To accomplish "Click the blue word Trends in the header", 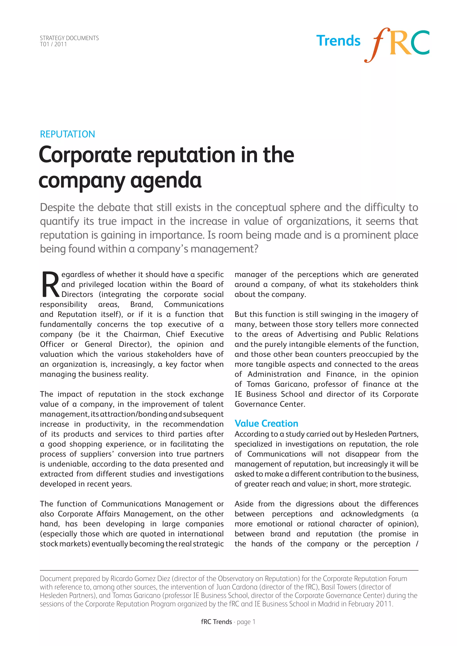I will (x=338, y=41).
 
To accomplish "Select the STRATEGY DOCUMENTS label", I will (x=69, y=38).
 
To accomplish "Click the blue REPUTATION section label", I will (x=68, y=134).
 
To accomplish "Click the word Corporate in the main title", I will (x=85, y=155).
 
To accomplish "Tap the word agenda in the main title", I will (x=166, y=180).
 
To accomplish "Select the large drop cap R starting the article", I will (x=50, y=284).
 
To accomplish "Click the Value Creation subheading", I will (x=266, y=423).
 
